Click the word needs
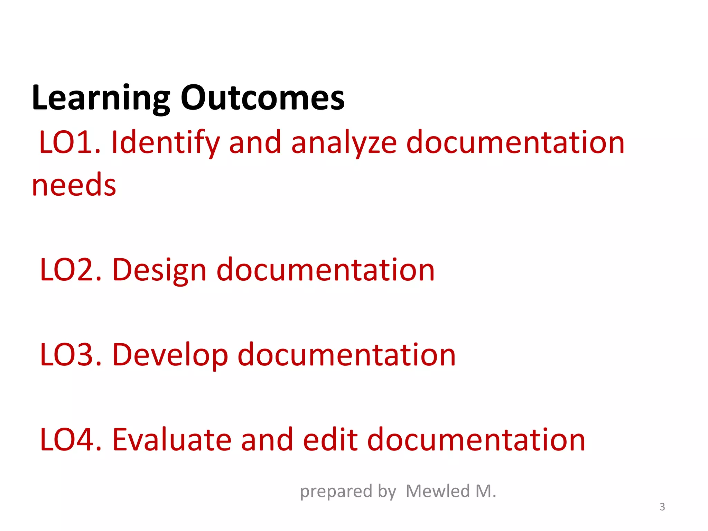point(74,185)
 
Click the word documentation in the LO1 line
point(515,142)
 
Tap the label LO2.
point(71,270)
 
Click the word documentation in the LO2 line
point(325,270)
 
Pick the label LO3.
point(71,355)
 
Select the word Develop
point(170,355)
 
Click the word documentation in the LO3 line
point(347,355)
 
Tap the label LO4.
point(71,440)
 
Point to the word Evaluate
point(172,440)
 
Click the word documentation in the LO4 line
point(476,440)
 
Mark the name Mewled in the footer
point(438,491)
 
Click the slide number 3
point(662,507)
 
